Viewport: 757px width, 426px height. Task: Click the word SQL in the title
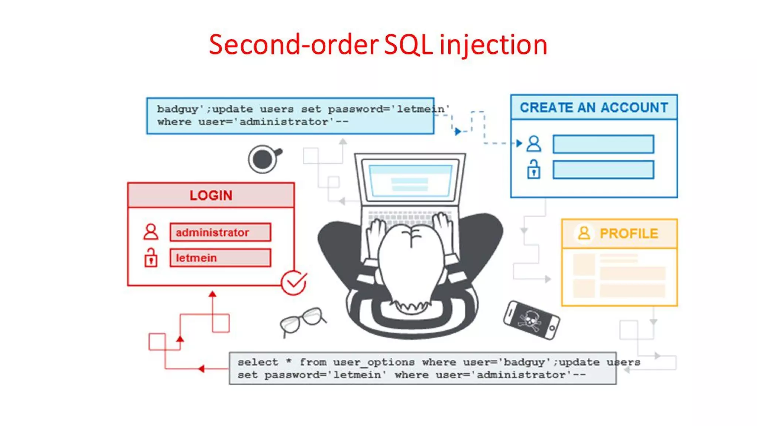[408, 45]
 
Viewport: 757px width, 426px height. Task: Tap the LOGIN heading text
[211, 195]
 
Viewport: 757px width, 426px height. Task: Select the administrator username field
[220, 232]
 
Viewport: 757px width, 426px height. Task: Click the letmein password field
[220, 258]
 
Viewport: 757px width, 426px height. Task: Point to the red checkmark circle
[293, 283]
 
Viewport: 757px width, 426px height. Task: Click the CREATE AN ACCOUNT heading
[594, 108]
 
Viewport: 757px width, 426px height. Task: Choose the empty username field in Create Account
[603, 144]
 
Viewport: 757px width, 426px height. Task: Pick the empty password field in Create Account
[603, 170]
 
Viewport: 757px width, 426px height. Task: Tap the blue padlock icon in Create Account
[533, 170]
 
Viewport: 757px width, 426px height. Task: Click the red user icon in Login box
[151, 232]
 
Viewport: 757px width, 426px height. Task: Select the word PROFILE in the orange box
[629, 234]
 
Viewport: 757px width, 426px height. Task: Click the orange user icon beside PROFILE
[584, 233]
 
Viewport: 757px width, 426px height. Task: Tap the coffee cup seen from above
[263, 159]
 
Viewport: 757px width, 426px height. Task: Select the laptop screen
[410, 180]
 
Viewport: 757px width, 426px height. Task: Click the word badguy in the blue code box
[178, 109]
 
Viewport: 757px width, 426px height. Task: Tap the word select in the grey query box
[258, 362]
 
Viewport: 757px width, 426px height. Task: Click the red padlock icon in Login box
[151, 258]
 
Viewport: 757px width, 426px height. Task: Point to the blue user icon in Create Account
[534, 144]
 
